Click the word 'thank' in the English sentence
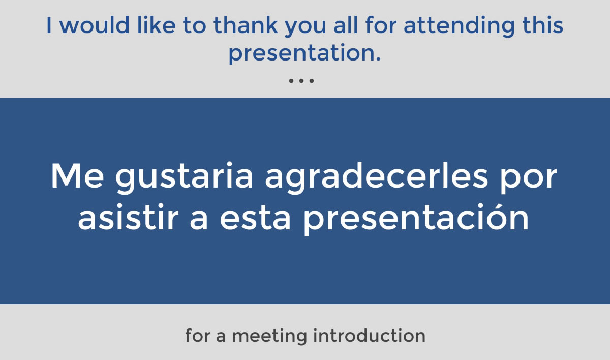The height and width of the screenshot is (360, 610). [x=246, y=25]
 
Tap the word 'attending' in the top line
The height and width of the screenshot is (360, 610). [x=459, y=26]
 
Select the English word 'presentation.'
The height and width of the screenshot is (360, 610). [x=304, y=54]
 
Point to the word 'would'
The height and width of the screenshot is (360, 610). [x=95, y=25]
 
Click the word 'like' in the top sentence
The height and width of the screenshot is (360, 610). [x=157, y=25]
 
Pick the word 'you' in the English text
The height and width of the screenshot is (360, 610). [x=306, y=27]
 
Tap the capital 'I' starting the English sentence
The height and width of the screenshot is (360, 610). [x=49, y=25]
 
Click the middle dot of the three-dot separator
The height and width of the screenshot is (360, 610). [x=301, y=81]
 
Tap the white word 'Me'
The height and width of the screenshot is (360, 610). [x=77, y=175]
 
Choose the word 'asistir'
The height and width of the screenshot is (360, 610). [x=128, y=217]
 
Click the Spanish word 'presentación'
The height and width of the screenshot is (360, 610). [x=416, y=219]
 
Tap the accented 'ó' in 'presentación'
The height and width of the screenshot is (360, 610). [x=496, y=217]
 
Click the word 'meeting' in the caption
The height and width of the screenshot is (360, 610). [x=269, y=336]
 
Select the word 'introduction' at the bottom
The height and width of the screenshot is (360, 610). [x=369, y=335]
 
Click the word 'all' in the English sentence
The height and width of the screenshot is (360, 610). [x=345, y=25]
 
